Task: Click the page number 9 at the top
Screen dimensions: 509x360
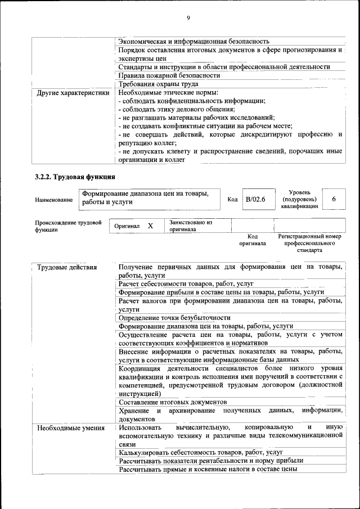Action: [x=188, y=19]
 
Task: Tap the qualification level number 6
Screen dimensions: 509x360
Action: [x=334, y=200]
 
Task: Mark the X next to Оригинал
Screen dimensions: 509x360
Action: [x=150, y=226]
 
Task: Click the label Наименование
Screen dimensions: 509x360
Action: [x=53, y=200]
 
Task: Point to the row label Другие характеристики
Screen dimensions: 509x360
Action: [x=73, y=92]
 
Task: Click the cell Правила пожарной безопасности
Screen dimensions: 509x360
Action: [x=169, y=75]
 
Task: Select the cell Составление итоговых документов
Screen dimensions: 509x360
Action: [x=173, y=402]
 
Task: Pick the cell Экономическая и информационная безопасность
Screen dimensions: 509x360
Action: [x=193, y=42]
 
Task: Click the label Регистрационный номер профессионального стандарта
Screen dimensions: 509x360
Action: [x=309, y=243]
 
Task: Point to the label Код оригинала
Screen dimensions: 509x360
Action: [x=253, y=240]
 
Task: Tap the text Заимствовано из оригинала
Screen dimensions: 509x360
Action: [x=191, y=226]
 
